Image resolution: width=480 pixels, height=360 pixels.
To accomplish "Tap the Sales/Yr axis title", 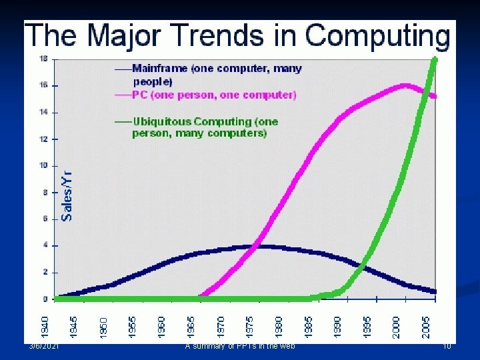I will [67, 194].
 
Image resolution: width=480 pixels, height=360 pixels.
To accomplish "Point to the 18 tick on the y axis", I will [43, 59].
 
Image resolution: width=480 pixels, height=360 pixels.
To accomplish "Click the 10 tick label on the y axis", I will [43, 165].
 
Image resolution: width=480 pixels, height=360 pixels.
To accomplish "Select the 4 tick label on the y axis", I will [45, 245].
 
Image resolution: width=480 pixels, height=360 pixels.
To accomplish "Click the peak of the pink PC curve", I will [405, 85].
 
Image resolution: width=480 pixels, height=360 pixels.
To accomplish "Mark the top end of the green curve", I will [435, 60].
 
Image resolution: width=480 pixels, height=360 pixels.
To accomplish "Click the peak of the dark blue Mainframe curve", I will [261, 246].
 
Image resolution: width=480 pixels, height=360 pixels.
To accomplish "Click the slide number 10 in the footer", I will [447, 345].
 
